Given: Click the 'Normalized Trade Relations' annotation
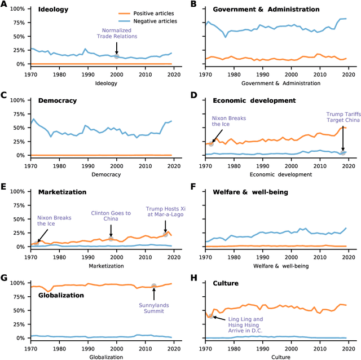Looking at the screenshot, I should (116, 34).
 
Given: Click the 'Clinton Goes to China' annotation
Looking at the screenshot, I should (111, 216).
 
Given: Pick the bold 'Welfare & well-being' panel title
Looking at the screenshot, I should (250, 192).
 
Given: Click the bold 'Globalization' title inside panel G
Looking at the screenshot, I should (61, 295).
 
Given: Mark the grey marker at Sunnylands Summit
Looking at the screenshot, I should (154, 286).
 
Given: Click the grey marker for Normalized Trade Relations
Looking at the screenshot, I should (117, 56).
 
